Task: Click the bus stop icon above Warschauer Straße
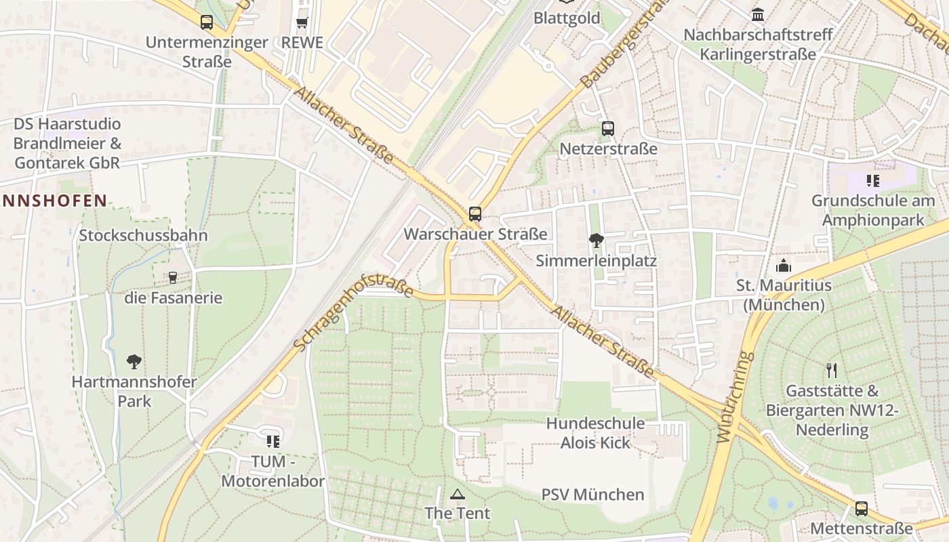tap(475, 214)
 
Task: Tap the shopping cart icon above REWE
tap(302, 22)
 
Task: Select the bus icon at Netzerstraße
tap(608, 128)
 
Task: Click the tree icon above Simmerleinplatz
tap(597, 240)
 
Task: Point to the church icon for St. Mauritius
tap(784, 265)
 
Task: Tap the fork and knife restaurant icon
tap(832, 371)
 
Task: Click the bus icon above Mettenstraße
tap(861, 508)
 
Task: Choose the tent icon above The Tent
tap(458, 494)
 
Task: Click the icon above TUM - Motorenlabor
tap(273, 442)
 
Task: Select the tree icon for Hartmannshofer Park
tap(134, 361)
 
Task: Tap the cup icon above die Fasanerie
tap(173, 277)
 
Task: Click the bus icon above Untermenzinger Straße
tap(207, 22)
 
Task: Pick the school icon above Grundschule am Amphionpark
tap(872, 181)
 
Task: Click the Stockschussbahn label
tap(143, 235)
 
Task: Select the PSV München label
tap(592, 495)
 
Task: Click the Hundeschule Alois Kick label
tap(596, 433)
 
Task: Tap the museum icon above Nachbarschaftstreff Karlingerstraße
tap(758, 14)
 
